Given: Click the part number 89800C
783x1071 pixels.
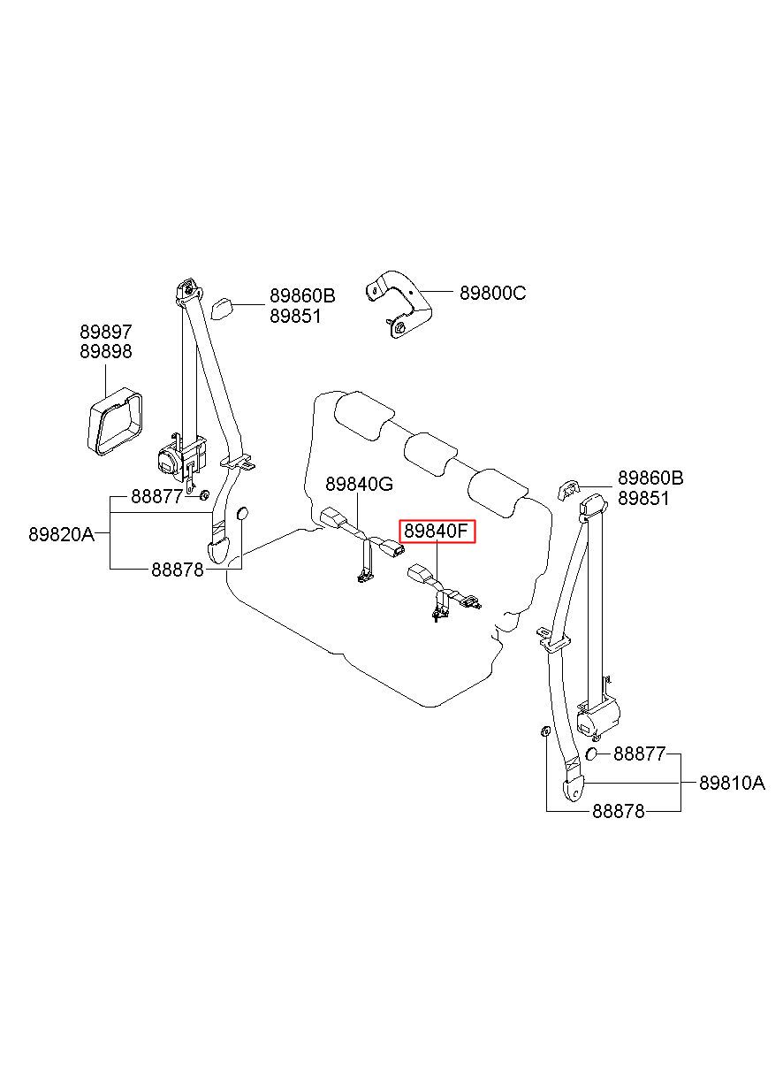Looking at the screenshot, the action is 492,293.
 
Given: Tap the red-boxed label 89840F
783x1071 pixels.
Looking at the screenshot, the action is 437,532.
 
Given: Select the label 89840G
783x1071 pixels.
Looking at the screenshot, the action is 360,485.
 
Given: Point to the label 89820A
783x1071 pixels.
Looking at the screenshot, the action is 62,534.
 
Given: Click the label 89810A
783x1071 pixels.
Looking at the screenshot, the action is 732,784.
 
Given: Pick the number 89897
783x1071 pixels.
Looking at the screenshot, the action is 105,332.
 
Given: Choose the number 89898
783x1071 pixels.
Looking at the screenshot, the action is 105,351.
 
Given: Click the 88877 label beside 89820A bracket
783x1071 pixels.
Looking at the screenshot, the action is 157,497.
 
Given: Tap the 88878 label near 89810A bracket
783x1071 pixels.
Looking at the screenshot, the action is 619,811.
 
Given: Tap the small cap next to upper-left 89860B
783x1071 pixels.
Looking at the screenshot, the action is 221,309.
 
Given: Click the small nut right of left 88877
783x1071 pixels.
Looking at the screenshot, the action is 205,495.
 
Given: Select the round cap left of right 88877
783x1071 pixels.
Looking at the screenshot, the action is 590,754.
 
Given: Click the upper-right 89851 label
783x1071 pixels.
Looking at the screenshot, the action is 643,499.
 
